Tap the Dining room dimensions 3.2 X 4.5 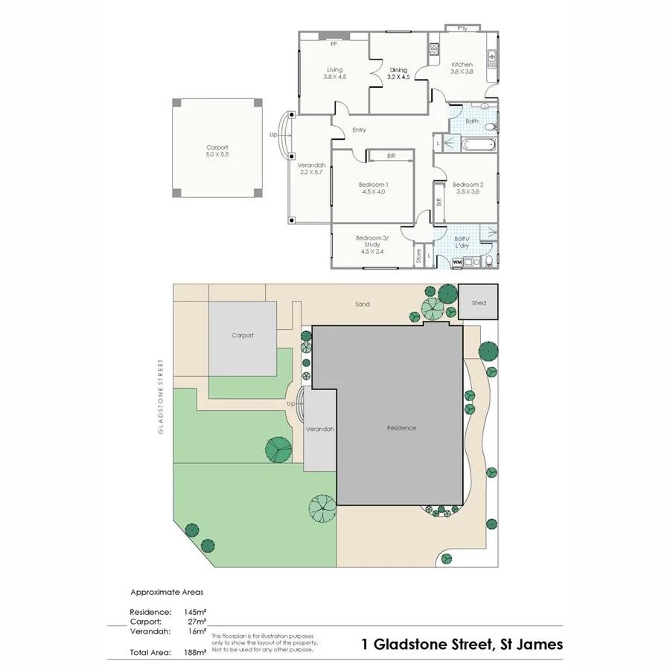pyautogui.click(x=399, y=77)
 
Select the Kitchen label pyautogui.click(x=462, y=65)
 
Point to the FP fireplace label pyautogui.click(x=334, y=43)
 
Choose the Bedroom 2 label pyautogui.click(x=468, y=185)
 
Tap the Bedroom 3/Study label pyautogui.click(x=372, y=240)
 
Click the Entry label pyautogui.click(x=360, y=130)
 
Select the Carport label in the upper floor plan pyautogui.click(x=217, y=147)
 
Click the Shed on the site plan pyautogui.click(x=478, y=303)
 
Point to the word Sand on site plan pyautogui.click(x=362, y=304)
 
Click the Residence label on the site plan pyautogui.click(x=401, y=428)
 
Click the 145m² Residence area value pyautogui.click(x=196, y=611)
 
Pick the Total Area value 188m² pyautogui.click(x=196, y=652)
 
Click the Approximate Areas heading pyautogui.click(x=167, y=593)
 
